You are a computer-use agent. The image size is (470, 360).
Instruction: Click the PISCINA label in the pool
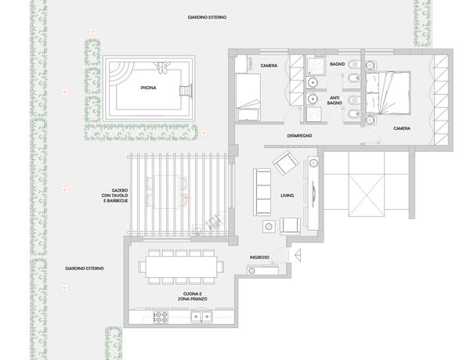click(x=148, y=88)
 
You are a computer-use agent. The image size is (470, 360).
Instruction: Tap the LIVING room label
click(x=287, y=196)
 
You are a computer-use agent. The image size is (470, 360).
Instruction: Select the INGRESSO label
click(x=259, y=257)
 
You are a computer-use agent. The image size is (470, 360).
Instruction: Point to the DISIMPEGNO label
click(x=300, y=135)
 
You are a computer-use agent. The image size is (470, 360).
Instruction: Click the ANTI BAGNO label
click(x=334, y=100)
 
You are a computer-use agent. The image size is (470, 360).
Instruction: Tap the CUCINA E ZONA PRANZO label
click(x=193, y=297)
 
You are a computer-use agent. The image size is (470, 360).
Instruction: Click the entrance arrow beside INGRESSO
click(x=298, y=255)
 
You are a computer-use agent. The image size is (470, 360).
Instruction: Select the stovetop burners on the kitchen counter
click(x=161, y=317)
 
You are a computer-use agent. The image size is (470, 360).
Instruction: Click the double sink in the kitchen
click(x=201, y=317)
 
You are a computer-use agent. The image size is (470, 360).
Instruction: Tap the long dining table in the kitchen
click(x=182, y=267)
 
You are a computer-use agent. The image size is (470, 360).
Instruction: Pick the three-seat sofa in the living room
click(x=262, y=193)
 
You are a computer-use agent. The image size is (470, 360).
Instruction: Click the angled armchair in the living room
click(x=285, y=163)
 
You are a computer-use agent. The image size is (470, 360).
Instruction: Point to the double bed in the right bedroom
click(x=388, y=93)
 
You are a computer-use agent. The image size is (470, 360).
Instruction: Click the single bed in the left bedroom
click(x=248, y=97)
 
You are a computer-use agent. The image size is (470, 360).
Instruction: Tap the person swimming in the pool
click(x=162, y=67)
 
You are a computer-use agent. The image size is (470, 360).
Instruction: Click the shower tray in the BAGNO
click(x=316, y=66)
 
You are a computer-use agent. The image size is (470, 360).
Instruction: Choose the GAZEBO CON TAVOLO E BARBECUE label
click(x=115, y=196)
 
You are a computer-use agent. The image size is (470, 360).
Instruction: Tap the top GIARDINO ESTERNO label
click(x=207, y=17)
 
